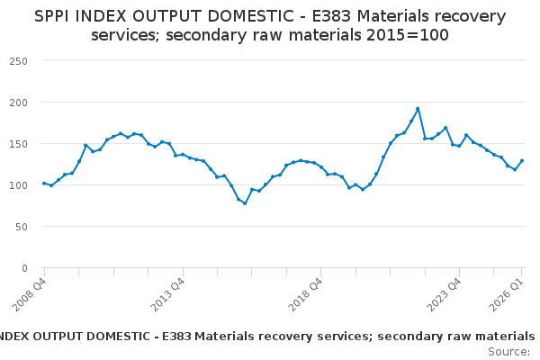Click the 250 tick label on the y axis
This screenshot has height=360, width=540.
coord(19,60)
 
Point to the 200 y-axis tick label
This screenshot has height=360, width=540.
coord(19,102)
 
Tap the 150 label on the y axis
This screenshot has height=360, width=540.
coord(19,143)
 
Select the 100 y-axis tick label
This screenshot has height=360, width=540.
coord(19,184)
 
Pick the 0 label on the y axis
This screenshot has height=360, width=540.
coord(25,267)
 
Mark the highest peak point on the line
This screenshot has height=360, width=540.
coord(418,109)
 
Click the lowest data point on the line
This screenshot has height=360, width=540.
coord(244,203)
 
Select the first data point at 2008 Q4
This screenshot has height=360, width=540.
coord(44,183)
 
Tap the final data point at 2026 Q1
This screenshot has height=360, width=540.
coord(522,161)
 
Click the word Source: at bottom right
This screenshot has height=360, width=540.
coord(508,351)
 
